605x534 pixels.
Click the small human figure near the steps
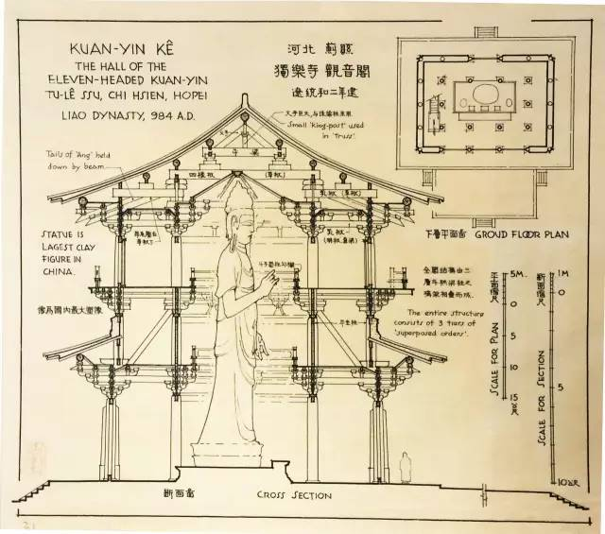coord(405,466)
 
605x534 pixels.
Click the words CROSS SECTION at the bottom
coord(295,495)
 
